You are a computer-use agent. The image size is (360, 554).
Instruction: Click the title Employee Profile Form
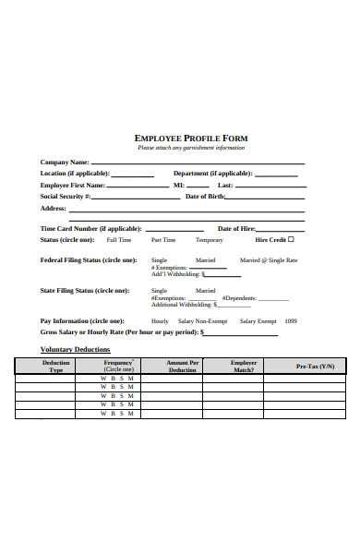point(191,138)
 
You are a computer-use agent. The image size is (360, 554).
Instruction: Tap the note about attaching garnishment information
point(191,148)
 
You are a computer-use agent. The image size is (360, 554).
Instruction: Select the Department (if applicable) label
point(212,173)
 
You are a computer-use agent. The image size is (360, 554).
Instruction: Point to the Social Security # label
point(66,196)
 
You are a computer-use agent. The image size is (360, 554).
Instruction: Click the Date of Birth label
point(207,196)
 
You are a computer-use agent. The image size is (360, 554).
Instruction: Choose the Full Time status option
point(119,240)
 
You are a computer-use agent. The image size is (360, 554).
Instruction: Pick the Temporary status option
point(209,240)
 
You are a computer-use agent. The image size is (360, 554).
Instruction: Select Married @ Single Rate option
point(269,260)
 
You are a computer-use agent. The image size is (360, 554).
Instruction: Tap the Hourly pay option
point(160,320)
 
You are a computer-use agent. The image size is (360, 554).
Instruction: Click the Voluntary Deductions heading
point(76,349)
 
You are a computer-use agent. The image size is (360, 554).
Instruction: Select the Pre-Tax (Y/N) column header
point(315,367)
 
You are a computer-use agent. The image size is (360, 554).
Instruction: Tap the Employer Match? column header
point(244,367)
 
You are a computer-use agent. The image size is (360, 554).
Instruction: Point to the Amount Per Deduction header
point(183,367)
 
